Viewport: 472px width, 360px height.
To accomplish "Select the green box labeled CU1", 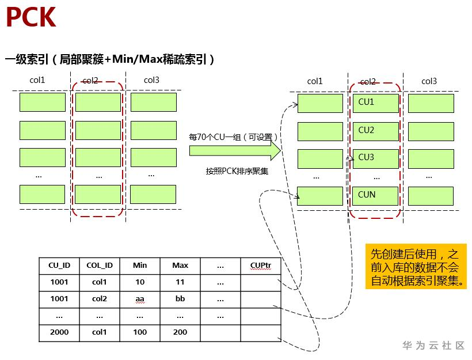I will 375,103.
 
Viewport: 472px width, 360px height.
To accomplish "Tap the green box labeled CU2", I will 375,131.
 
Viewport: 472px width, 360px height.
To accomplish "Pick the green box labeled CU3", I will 375,158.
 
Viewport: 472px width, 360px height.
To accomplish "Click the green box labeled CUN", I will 375,196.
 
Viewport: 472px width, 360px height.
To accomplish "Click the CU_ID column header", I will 59,266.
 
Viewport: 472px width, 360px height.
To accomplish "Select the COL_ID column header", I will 100,266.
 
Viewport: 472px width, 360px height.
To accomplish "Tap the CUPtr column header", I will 261,266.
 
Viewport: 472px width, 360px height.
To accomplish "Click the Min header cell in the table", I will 140,266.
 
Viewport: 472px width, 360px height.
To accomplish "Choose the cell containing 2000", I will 59,332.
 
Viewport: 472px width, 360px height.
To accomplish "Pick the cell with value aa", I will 140,299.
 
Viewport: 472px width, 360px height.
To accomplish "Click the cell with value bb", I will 180,299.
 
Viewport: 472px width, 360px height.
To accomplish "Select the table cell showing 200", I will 180,332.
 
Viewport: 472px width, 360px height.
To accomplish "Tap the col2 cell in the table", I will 100,299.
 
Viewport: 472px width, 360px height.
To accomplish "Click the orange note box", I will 416,266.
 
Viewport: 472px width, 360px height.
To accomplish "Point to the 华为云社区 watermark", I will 433,346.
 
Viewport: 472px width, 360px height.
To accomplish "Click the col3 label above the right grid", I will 429,81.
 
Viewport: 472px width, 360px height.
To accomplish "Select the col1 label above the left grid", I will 37,80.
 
